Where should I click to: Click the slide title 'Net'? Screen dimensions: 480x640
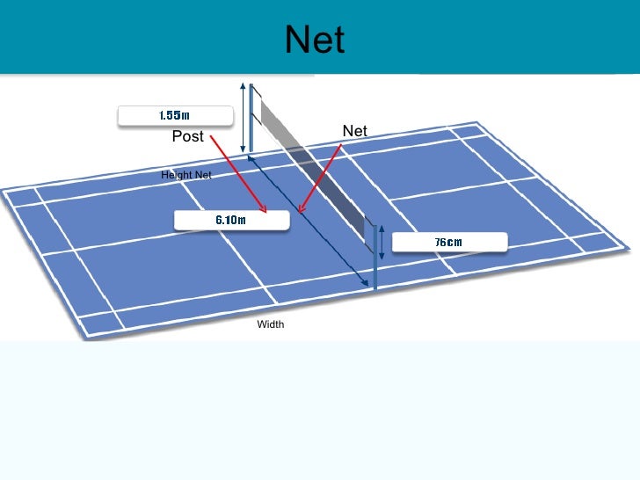[315, 40]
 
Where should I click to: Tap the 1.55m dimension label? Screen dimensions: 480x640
[175, 115]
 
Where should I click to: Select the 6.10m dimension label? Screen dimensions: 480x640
[231, 220]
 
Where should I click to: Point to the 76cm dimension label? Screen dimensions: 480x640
[448, 242]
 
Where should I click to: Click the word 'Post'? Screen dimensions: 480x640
[187, 136]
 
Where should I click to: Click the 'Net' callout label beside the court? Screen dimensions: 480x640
[354, 131]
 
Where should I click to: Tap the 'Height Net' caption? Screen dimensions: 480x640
[186, 176]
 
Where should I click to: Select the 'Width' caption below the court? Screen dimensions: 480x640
[271, 325]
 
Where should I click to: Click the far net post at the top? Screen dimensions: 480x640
[252, 119]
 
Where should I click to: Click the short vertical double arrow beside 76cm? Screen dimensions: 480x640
[382, 244]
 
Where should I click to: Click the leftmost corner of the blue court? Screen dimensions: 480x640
[3, 190]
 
